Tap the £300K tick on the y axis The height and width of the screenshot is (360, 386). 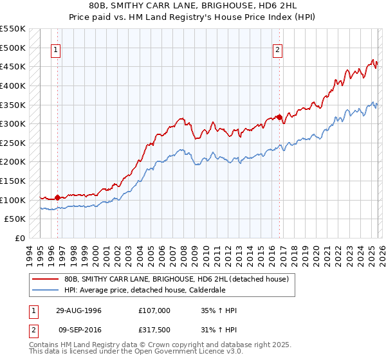coord(13,123)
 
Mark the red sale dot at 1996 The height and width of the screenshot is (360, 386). coord(58,197)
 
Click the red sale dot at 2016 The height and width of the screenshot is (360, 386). coord(279,117)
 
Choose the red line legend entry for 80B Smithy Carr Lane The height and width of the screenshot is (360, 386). coord(180,279)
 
